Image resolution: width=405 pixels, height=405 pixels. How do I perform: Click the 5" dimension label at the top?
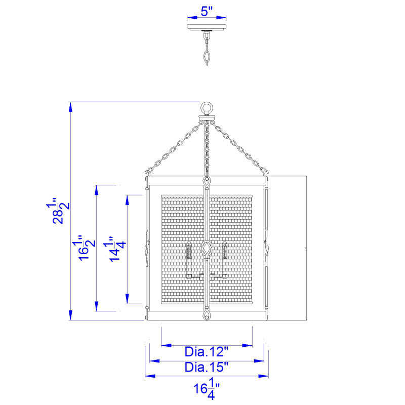click(x=207, y=11)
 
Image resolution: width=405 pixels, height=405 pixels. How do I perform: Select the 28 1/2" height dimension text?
click(x=58, y=211)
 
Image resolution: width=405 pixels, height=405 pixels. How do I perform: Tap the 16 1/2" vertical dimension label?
click(x=84, y=248)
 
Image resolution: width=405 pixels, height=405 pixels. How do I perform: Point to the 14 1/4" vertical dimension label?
click(x=115, y=249)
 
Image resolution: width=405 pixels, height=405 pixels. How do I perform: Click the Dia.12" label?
click(x=207, y=352)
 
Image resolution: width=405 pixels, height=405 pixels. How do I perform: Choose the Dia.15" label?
click(x=207, y=368)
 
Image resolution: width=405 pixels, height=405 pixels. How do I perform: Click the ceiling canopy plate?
click(x=207, y=27)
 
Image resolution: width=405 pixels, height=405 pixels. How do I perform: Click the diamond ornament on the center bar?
click(x=207, y=249)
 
